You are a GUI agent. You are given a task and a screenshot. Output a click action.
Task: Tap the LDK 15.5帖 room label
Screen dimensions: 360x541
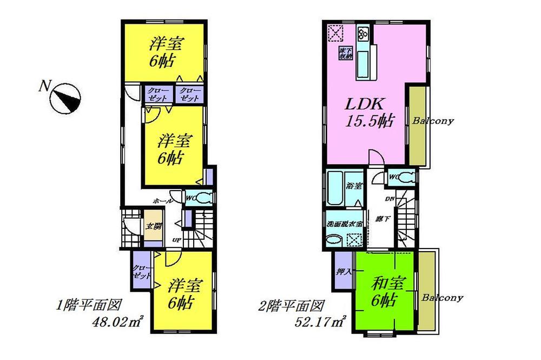(370, 110)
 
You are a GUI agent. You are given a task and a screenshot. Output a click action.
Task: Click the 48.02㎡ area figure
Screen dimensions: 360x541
(118, 324)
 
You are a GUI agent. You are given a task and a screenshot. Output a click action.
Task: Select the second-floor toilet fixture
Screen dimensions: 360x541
(407, 176)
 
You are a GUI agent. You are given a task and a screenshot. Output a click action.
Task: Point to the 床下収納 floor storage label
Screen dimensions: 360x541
(344, 53)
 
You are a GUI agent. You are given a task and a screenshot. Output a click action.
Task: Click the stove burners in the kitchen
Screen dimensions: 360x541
(362, 33)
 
